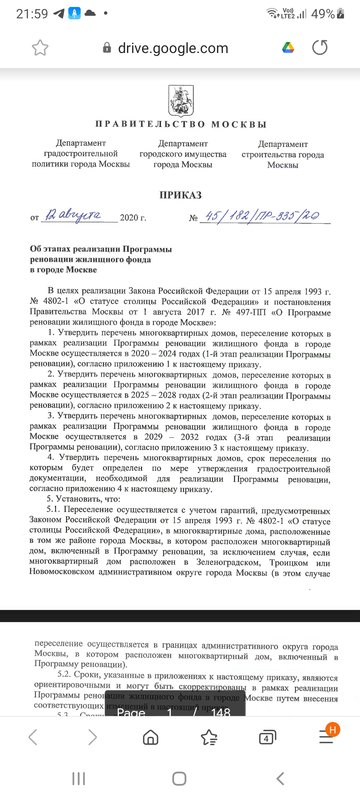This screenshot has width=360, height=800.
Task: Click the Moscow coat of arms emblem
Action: (x=181, y=97)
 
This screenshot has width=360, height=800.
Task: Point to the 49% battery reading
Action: (x=323, y=13)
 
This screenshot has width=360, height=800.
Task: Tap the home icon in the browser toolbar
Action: (x=150, y=738)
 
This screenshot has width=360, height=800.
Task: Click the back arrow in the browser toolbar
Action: (x=33, y=738)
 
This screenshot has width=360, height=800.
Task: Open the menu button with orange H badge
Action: (x=326, y=738)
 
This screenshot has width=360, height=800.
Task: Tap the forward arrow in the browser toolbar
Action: (x=92, y=738)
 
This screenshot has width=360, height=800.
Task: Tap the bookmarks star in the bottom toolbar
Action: (x=209, y=738)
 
